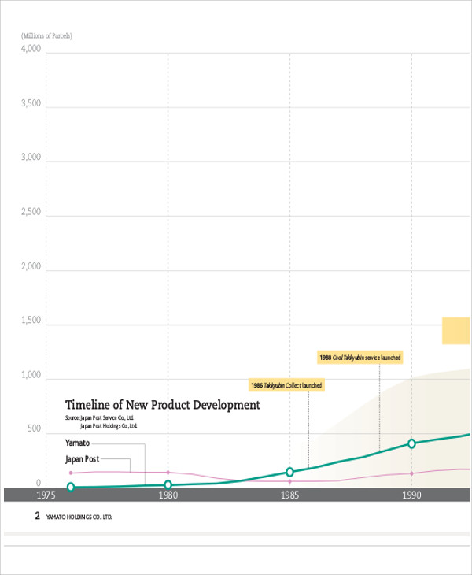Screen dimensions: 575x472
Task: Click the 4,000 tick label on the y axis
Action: [31, 49]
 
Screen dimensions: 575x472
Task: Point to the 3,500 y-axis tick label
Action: [31, 103]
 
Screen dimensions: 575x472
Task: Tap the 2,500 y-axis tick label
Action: [31, 212]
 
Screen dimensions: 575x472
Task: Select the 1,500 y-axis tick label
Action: [31, 321]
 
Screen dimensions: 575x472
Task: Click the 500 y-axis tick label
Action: [33, 429]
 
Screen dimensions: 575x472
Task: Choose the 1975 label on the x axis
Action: [46, 495]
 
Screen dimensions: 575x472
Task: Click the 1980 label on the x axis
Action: [168, 495]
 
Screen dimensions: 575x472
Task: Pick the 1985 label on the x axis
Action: [289, 495]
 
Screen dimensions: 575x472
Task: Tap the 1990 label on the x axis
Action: [411, 495]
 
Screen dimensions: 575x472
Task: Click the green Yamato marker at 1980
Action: [168, 485]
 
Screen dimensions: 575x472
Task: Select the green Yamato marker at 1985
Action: [289, 472]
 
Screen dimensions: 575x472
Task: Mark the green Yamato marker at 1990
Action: [411, 443]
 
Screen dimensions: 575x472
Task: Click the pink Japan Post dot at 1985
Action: [289, 481]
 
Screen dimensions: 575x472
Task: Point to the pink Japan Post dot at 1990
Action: [411, 473]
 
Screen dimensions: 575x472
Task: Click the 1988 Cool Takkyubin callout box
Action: [360, 358]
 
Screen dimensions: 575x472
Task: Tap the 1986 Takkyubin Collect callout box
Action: [286, 385]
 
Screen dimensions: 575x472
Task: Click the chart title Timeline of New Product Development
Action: [162, 405]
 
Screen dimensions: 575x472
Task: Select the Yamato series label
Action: [77, 443]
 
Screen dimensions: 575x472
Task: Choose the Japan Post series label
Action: [82, 459]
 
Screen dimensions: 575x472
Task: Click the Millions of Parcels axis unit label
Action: [46, 36]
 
